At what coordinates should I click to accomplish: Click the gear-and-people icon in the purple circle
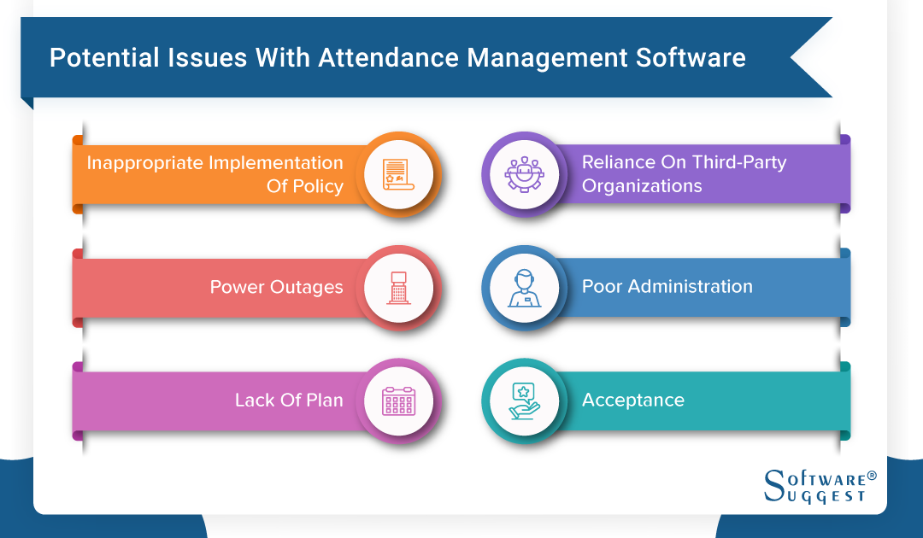[524, 174]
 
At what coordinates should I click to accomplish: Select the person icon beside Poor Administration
[524, 288]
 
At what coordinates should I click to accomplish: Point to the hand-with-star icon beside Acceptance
[524, 401]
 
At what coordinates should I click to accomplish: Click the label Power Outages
[276, 287]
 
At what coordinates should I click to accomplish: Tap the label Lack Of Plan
[289, 400]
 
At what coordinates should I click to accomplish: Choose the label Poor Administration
[667, 287]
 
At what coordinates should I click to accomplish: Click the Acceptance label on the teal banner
[632, 400]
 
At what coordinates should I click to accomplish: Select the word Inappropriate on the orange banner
[143, 163]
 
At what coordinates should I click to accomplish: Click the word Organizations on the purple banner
[642, 185]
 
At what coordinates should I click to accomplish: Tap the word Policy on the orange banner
[317, 185]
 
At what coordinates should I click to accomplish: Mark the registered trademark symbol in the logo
[872, 474]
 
